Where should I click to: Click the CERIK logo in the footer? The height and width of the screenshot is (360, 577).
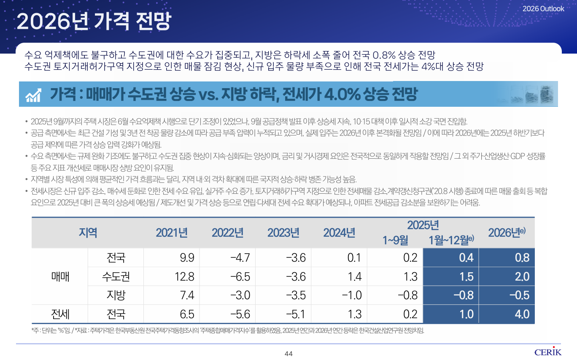click(548, 352)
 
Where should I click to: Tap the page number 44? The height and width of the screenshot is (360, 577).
click(288, 354)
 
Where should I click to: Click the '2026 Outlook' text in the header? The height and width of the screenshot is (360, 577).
click(543, 8)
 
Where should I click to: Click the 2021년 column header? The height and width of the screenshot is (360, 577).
click(172, 233)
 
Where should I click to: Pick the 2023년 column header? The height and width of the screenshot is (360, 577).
click(283, 233)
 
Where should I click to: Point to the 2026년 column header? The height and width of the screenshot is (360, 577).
click(506, 233)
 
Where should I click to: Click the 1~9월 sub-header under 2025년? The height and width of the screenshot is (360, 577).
click(395, 240)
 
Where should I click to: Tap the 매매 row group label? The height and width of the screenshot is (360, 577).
click(59, 276)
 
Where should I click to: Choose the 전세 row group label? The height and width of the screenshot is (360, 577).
click(59, 314)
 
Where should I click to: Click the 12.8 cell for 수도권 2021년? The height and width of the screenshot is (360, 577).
click(184, 276)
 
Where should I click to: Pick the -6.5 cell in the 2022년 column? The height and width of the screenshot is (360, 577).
click(240, 276)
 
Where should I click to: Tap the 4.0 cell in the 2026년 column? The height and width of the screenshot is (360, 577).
click(522, 314)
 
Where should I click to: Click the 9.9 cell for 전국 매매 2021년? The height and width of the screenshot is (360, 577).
click(187, 257)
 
